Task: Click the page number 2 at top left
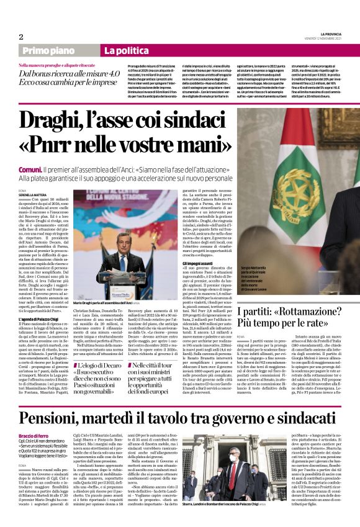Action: pyautogui.click(x=20, y=37)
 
